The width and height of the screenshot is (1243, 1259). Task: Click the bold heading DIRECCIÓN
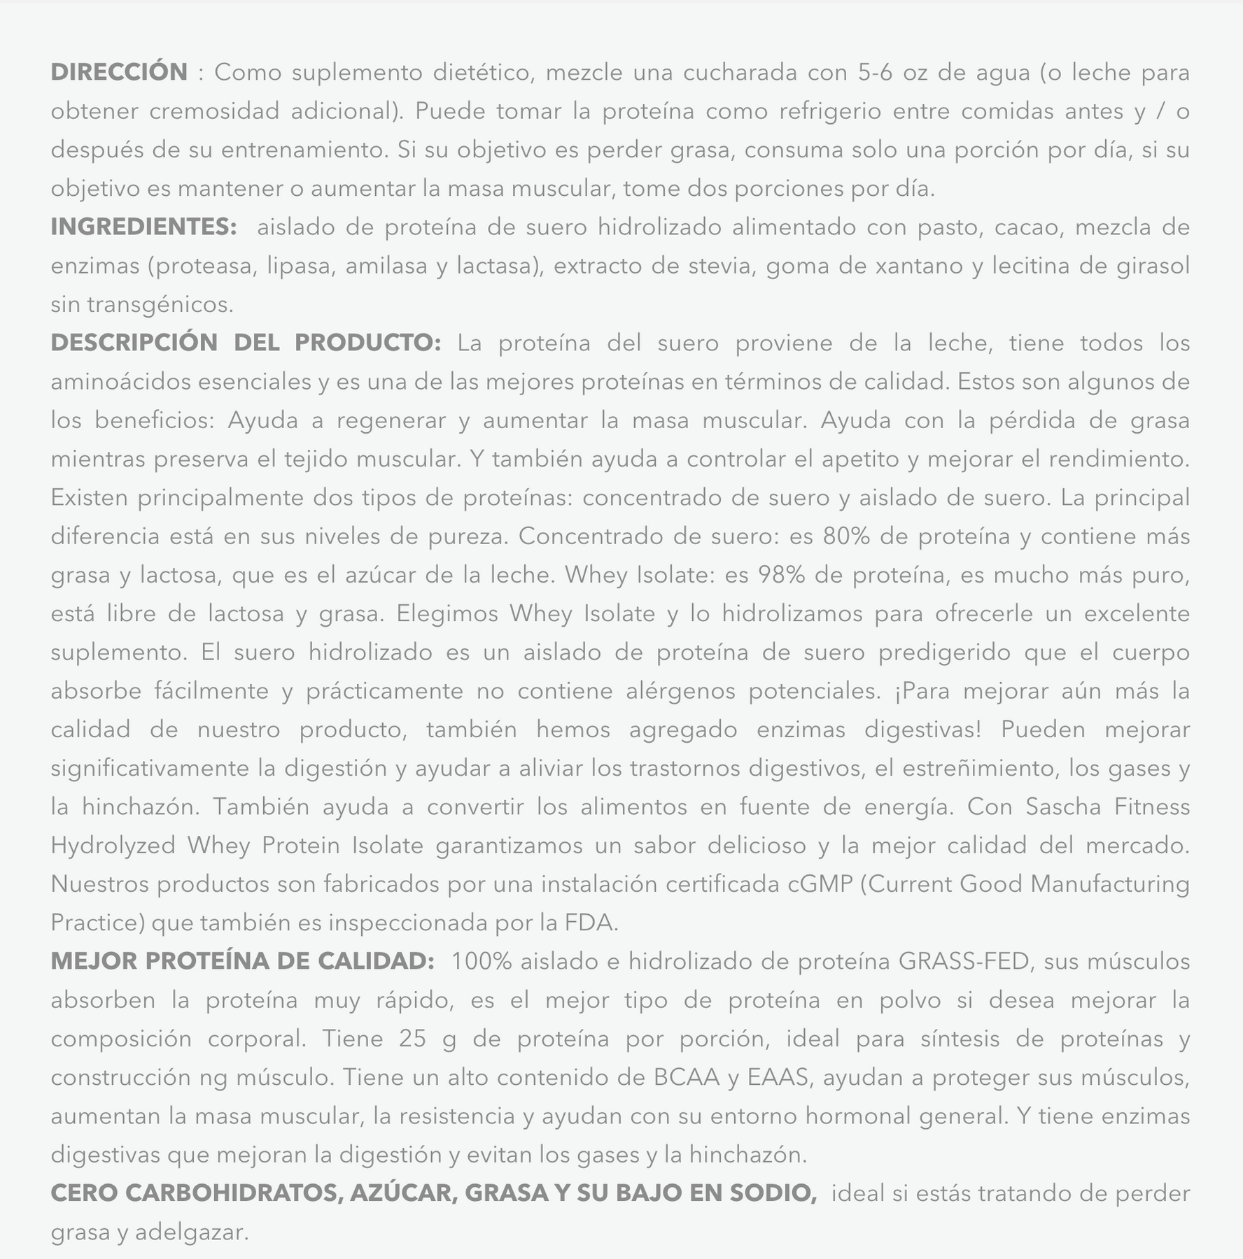coord(119,72)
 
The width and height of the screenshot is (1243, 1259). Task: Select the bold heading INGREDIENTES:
coord(144,227)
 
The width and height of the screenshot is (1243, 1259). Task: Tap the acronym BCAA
coord(687,1077)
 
